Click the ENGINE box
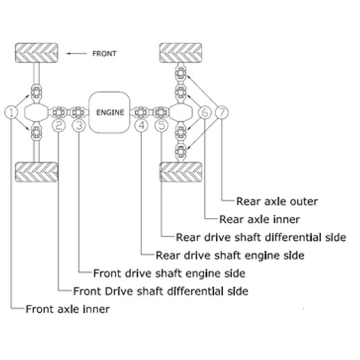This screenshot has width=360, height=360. point(110,111)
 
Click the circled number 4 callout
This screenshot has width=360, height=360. point(141,125)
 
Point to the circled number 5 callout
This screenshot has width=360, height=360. point(161,125)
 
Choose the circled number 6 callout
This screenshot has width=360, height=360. point(205,111)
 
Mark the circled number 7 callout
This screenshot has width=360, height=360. point(222,111)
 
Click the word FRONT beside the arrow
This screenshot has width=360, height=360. point(104,53)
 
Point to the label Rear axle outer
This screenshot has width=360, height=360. point(277,201)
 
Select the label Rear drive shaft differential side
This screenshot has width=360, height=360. point(260,237)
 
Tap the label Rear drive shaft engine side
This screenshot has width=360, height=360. point(230,255)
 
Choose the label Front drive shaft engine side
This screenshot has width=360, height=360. point(169,273)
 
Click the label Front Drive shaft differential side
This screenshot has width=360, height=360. point(160,291)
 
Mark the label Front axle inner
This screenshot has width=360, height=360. point(67,309)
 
